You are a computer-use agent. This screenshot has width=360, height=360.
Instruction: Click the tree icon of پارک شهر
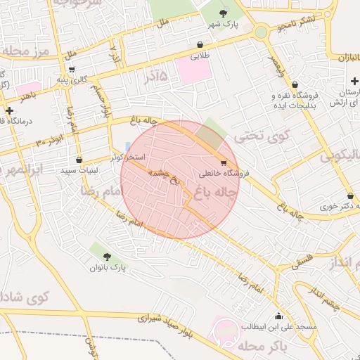coord(224,13)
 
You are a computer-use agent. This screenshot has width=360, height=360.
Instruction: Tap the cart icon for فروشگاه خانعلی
coord(224,162)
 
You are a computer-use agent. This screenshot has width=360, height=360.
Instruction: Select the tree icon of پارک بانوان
coord(106,256)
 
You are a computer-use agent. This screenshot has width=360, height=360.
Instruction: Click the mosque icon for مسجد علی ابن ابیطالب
coord(279,316)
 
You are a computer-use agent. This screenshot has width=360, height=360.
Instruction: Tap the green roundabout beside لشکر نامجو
coord(261,32)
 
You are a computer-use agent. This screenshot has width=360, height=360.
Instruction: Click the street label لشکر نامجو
coord(297,24)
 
